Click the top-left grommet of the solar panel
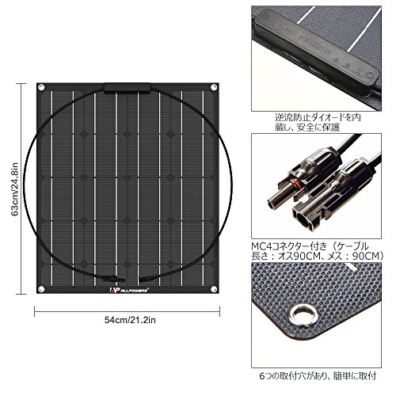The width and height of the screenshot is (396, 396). [x=41, y=87]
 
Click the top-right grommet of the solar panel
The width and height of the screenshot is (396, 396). [x=214, y=87]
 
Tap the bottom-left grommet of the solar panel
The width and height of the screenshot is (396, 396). [x=41, y=289]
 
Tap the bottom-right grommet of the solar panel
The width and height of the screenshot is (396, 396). [x=214, y=289]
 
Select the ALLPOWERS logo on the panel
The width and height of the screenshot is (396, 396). [x=129, y=290]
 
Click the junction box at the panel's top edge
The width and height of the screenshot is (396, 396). [x=128, y=88]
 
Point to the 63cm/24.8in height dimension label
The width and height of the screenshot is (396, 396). [x=14, y=189]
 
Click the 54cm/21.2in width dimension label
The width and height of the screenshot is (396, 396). [x=130, y=320]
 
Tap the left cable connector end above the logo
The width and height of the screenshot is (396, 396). [x=113, y=278]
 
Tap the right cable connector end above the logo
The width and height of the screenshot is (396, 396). [x=146, y=278]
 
